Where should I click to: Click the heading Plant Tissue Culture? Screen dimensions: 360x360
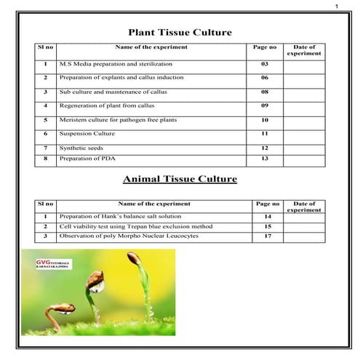click(x=180, y=32)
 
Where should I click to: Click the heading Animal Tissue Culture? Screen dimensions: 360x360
click(x=180, y=178)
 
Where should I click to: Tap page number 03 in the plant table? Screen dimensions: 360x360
click(x=265, y=65)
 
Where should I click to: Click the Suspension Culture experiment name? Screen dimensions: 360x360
click(x=86, y=134)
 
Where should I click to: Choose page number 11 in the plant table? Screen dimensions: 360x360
click(x=265, y=134)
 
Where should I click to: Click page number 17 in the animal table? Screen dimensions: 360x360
click(x=268, y=236)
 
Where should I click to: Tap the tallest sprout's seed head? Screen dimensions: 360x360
click(x=134, y=257)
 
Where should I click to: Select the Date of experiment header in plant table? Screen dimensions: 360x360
click(x=303, y=50)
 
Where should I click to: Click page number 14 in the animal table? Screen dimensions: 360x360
click(x=268, y=217)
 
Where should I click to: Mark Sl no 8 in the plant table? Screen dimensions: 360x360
click(x=45, y=158)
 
